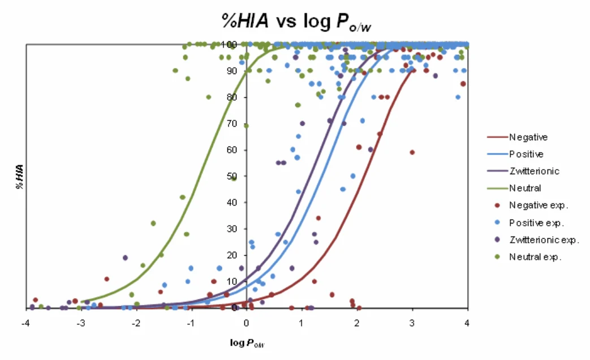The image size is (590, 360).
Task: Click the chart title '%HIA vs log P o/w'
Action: coord(296,22)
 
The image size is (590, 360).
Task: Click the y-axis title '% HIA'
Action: coord(20,177)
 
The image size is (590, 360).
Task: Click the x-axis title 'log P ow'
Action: coord(247,342)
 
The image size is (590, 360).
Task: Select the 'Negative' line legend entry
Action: coord(518,137)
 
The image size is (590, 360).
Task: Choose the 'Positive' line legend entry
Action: coord(515,154)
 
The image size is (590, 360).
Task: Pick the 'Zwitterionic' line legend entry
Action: coord(523,171)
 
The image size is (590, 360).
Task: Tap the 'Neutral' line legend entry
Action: coord(514,188)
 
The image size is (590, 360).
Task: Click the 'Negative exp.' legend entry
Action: coord(531,205)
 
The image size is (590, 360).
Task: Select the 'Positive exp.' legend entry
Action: coord(529,222)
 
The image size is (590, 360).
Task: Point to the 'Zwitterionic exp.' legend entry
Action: coord(537,240)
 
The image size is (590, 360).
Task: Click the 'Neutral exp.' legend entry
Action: coord(528,257)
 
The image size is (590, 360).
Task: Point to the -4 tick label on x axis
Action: coord(25,323)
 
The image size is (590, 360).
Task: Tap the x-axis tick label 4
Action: coord(467,323)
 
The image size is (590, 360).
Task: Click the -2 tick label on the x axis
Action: coord(136,323)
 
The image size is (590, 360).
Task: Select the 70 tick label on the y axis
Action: coord(232,123)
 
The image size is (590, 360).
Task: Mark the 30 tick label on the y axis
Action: coord(232,229)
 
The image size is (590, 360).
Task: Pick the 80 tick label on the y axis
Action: coord(232,97)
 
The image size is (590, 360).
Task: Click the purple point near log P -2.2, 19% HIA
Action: coord(126,258)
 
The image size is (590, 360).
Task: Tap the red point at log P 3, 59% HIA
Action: coord(412,152)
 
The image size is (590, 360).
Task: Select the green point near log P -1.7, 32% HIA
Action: coord(153,224)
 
